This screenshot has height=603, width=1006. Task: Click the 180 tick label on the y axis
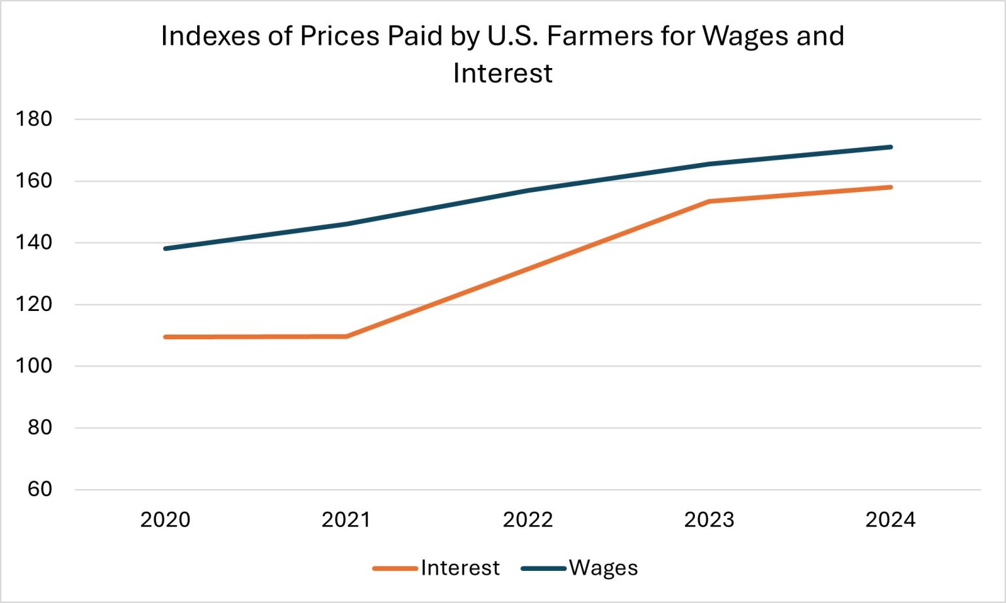(x=34, y=119)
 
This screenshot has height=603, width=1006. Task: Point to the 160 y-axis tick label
(x=34, y=181)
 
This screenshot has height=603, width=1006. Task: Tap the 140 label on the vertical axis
(x=34, y=243)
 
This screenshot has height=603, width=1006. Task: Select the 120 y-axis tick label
(x=34, y=304)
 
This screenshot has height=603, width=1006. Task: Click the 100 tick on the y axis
(x=34, y=366)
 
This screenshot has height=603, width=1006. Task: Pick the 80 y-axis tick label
(x=39, y=428)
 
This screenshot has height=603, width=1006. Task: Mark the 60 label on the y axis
(x=39, y=489)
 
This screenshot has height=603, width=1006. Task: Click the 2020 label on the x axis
(x=165, y=520)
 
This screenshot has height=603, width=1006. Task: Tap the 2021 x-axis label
(x=346, y=520)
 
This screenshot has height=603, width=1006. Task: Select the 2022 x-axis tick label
(x=528, y=520)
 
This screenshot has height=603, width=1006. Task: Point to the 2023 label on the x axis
(x=709, y=520)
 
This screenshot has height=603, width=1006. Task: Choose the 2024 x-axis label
(x=890, y=520)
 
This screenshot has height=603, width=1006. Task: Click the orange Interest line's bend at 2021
(x=346, y=337)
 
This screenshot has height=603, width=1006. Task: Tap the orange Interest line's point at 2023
(x=709, y=201)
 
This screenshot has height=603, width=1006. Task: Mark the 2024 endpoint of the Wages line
(x=891, y=147)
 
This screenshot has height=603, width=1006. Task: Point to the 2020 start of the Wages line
(x=165, y=249)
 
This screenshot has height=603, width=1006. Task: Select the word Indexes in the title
(x=210, y=36)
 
